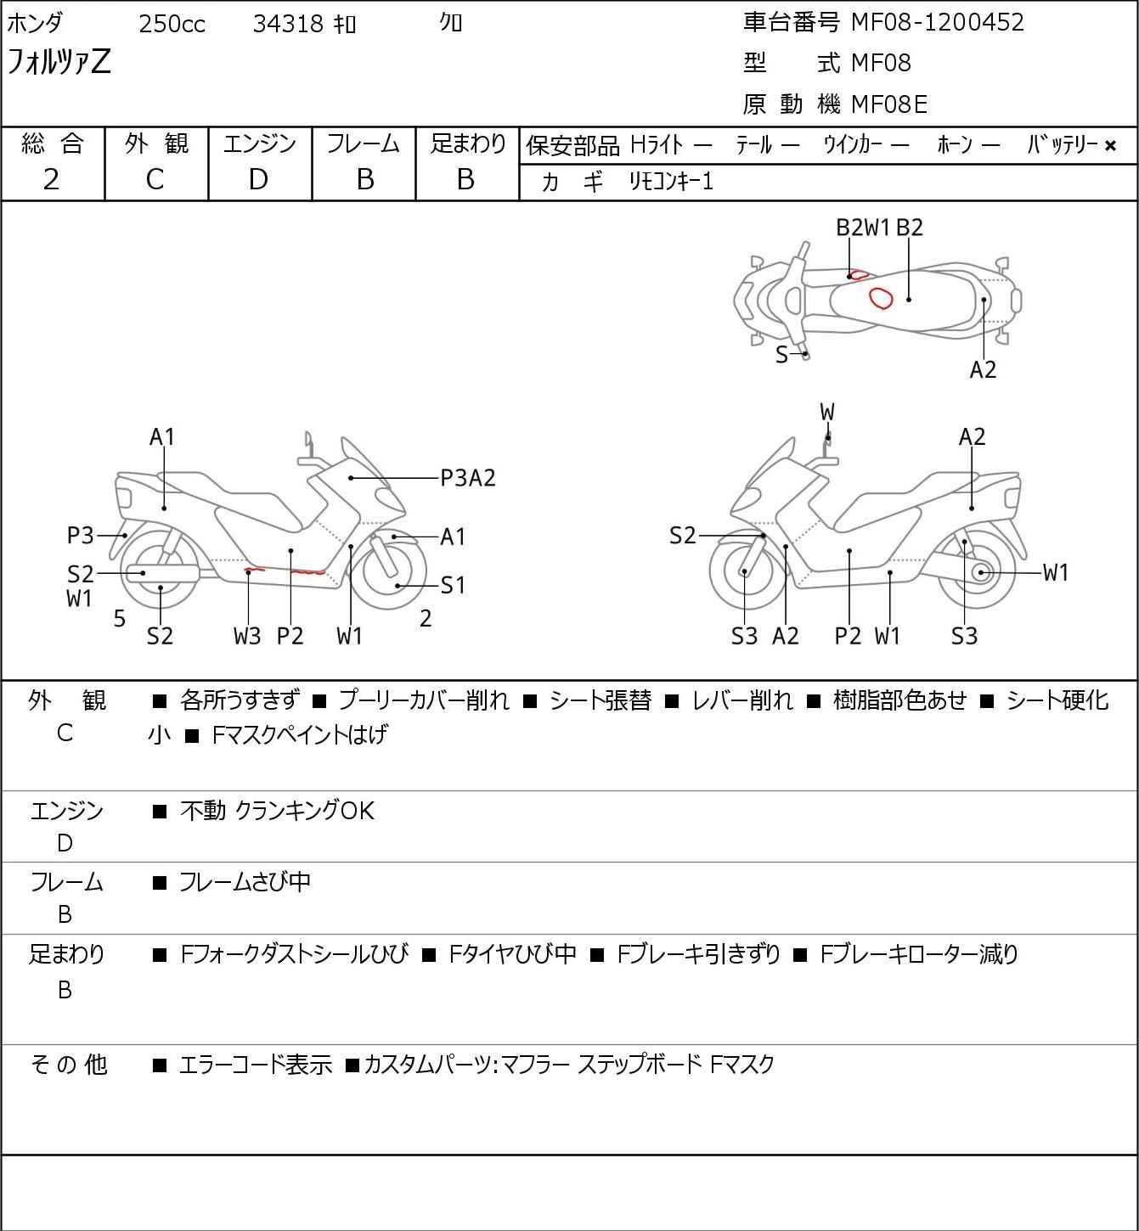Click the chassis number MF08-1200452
(x=937, y=22)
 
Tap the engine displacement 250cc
(x=172, y=24)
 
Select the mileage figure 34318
(x=288, y=24)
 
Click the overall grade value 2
(x=52, y=180)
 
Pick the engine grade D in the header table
(x=259, y=180)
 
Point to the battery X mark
(x=1110, y=146)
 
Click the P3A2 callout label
(x=468, y=478)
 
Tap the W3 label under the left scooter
(x=247, y=636)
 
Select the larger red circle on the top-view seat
(x=880, y=298)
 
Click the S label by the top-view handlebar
(x=781, y=355)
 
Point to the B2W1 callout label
(x=863, y=228)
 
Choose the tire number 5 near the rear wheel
(x=120, y=619)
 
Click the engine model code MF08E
(x=889, y=104)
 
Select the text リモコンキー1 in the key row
(x=671, y=183)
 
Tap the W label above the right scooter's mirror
(x=827, y=412)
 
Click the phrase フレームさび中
(x=245, y=882)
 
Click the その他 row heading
(x=68, y=1065)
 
